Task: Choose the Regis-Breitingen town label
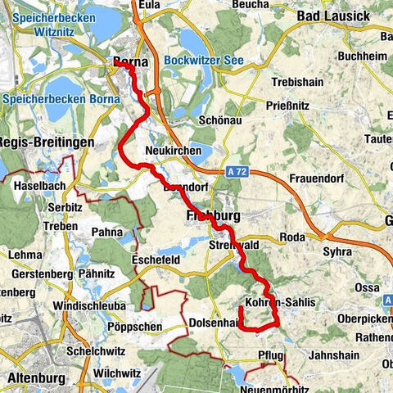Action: point(47,142)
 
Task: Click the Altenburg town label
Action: point(38,378)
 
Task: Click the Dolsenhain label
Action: point(215,322)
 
